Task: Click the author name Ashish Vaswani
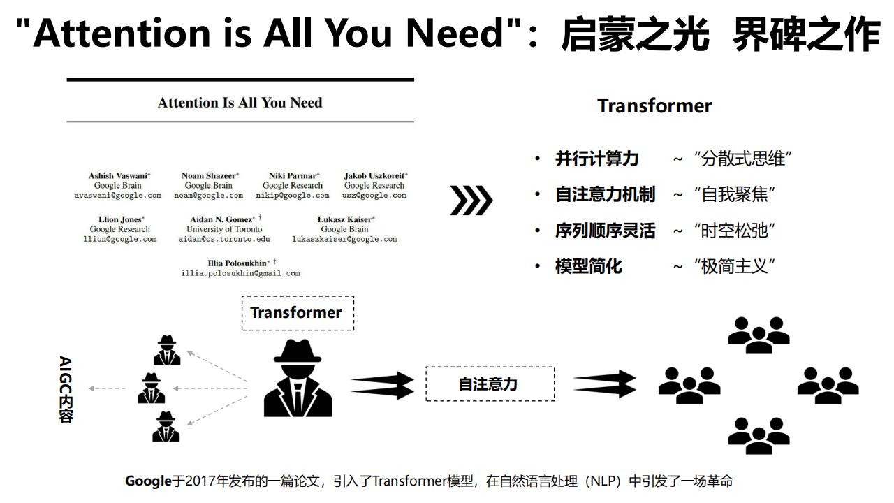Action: click(x=119, y=175)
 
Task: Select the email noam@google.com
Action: click(x=208, y=195)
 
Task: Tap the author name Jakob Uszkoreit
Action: click(x=375, y=175)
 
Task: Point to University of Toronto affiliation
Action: click(x=224, y=229)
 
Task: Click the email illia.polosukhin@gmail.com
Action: click(x=240, y=273)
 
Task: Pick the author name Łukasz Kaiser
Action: click(x=345, y=219)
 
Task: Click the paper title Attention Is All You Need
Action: click(x=240, y=103)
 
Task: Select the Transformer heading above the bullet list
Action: click(x=654, y=106)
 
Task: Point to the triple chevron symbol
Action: click(x=471, y=200)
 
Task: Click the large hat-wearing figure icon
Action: click(x=298, y=378)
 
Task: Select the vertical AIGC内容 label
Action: click(x=66, y=389)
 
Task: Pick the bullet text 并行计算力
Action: click(x=596, y=159)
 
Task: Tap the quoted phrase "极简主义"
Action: click(x=734, y=266)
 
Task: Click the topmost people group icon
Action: click(x=759, y=335)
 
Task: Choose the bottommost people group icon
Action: click(x=759, y=436)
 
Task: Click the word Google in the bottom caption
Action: click(x=148, y=481)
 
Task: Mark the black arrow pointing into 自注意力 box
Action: click(x=382, y=385)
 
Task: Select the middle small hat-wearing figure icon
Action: click(x=152, y=388)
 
